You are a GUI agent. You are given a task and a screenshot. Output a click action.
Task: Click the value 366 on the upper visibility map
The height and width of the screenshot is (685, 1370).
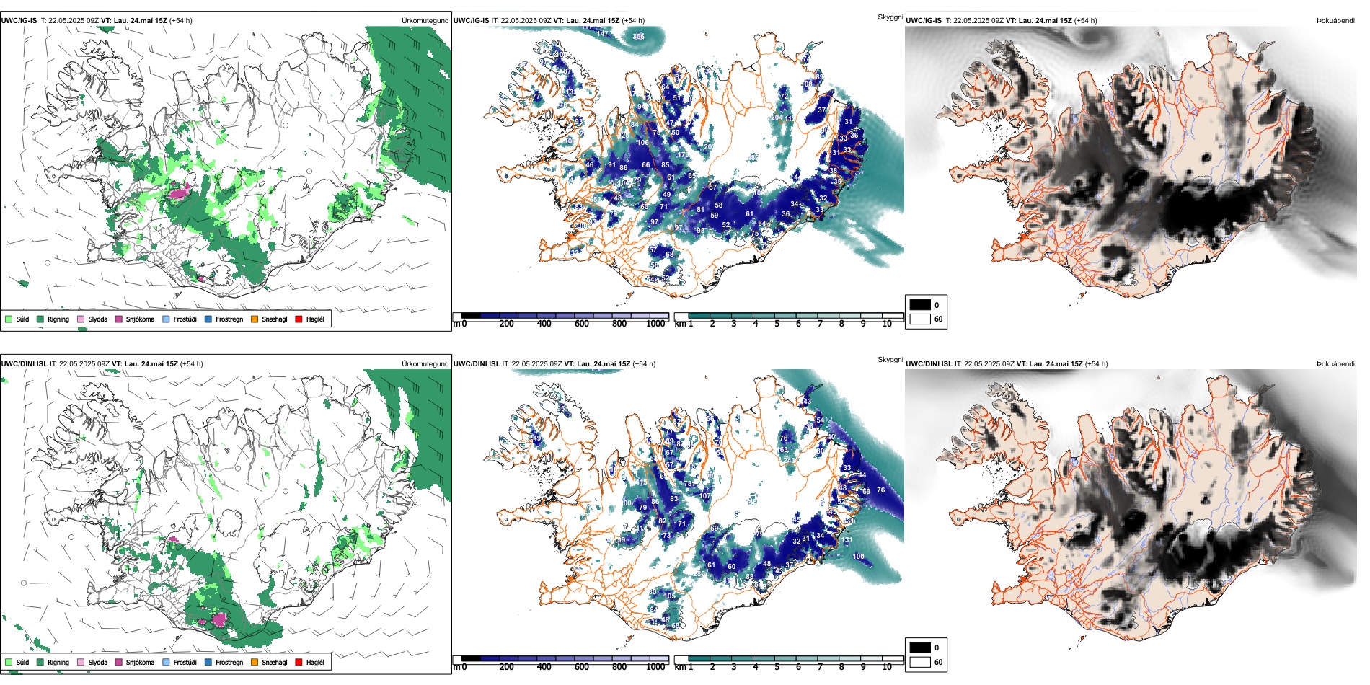click(x=639, y=37)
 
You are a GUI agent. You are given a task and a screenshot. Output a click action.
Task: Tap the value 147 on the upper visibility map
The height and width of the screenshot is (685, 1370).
click(x=602, y=34)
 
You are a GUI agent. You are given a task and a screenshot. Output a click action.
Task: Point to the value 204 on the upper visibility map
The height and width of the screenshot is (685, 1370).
click(x=777, y=117)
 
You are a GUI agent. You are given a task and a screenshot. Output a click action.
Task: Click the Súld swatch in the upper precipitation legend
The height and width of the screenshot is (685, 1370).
click(x=9, y=319)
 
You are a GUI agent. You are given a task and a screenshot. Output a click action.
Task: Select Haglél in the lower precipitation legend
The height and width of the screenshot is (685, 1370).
click(x=299, y=662)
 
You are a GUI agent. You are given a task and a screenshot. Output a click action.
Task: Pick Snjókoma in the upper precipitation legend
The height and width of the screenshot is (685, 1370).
click(x=118, y=319)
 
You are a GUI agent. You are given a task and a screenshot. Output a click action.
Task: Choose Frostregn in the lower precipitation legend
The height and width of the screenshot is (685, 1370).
click(x=208, y=662)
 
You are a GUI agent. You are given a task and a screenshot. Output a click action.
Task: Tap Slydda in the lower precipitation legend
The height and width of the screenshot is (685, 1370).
click(x=81, y=662)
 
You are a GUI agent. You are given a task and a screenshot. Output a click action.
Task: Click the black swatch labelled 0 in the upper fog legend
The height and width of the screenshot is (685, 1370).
click(x=920, y=305)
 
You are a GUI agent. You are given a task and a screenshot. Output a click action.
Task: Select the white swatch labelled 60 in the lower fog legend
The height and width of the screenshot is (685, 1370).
click(x=920, y=662)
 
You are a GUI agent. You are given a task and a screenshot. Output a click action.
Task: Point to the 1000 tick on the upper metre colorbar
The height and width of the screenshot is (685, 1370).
click(x=655, y=324)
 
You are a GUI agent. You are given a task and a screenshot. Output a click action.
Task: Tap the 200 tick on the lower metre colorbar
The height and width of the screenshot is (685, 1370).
click(x=507, y=667)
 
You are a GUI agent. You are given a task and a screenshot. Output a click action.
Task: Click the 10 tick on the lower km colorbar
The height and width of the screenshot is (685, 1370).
click(x=887, y=667)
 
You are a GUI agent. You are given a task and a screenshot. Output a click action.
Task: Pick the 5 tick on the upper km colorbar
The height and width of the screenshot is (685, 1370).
click(x=777, y=324)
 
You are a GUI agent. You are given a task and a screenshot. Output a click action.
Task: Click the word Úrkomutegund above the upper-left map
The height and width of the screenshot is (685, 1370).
click(x=425, y=21)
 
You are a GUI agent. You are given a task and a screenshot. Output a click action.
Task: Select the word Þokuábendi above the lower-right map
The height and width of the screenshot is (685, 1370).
click(x=1335, y=364)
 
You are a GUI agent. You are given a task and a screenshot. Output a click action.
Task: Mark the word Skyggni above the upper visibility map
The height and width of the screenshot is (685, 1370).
click(x=890, y=17)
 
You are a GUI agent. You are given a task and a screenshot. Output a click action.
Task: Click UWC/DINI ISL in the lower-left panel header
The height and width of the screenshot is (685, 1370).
click(x=24, y=364)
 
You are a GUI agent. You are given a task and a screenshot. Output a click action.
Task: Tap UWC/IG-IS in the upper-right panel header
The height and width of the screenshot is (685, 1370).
click(x=924, y=21)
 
